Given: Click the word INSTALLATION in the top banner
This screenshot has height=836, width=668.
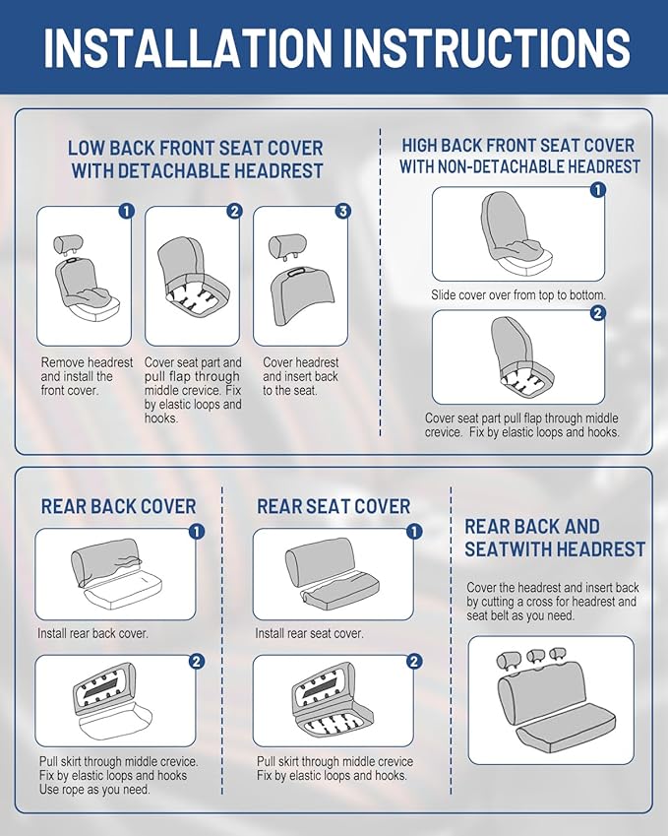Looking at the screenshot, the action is (x=188, y=47).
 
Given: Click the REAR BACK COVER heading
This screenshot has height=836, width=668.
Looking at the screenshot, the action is (x=118, y=506).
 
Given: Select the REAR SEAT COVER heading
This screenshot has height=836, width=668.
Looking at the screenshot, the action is (x=334, y=506).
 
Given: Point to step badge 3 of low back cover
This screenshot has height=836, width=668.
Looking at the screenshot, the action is (x=342, y=211).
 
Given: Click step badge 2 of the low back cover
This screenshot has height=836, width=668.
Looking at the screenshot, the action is (x=234, y=211).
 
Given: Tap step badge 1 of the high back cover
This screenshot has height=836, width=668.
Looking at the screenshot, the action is (x=598, y=190).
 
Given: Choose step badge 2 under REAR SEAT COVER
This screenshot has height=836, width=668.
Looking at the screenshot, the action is (x=414, y=661).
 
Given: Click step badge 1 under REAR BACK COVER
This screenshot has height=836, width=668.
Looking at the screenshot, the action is (x=197, y=532).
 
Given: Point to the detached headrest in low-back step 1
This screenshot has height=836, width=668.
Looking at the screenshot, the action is (x=68, y=245).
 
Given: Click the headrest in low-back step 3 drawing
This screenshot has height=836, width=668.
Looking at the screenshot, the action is (x=287, y=246).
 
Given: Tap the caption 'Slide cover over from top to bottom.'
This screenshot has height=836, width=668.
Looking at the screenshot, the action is (x=518, y=294).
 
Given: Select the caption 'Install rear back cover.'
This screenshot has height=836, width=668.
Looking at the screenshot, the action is (x=92, y=633).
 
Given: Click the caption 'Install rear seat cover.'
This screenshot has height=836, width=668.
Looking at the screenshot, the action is (x=309, y=633).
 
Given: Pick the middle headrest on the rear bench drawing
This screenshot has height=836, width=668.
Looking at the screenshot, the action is (x=536, y=657).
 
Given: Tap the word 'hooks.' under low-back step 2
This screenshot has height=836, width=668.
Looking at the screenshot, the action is (x=161, y=418).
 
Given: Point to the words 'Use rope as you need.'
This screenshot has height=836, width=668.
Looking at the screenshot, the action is (x=94, y=789).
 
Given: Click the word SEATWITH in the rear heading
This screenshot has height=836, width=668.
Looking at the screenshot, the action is (x=507, y=549).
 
